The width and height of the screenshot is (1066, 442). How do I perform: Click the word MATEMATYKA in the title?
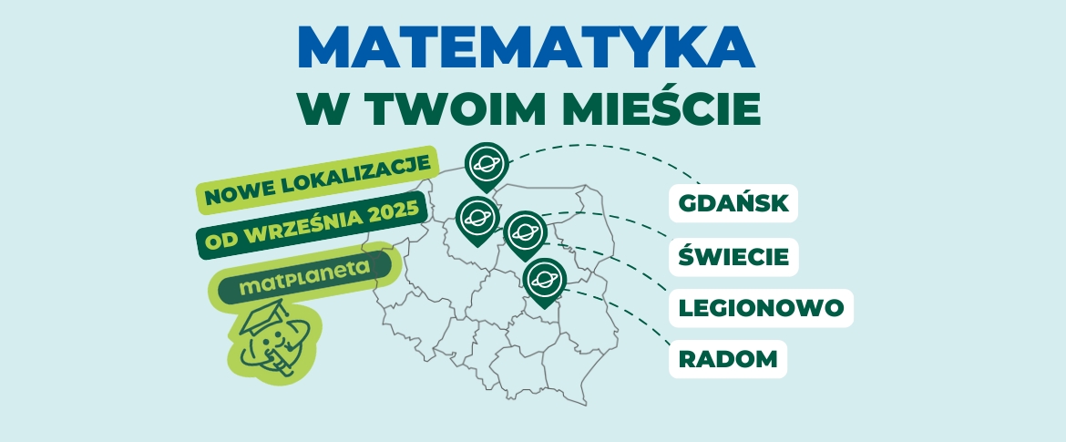click(527, 47)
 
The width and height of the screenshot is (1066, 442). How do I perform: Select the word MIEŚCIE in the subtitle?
click(662, 108)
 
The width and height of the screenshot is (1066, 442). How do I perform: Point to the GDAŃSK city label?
click(733, 203)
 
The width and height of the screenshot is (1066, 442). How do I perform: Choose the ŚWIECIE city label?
click(733, 256)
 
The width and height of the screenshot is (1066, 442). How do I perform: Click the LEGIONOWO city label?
click(761, 308)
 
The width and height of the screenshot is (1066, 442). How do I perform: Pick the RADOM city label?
click(728, 359)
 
